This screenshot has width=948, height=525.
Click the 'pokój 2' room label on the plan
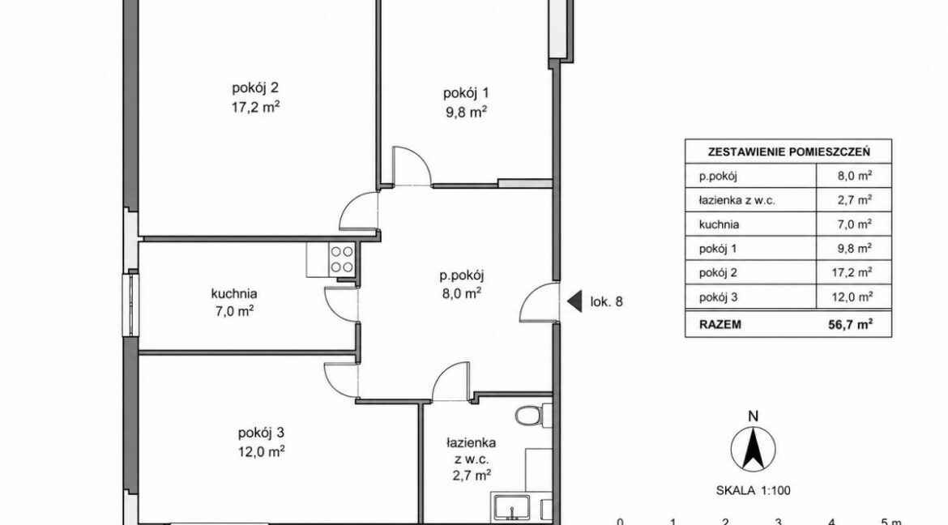[255, 87]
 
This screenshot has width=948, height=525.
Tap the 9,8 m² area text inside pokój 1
[466, 113]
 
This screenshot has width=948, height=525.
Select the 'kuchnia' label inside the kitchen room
[234, 294]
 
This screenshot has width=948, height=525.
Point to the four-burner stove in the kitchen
[342, 259]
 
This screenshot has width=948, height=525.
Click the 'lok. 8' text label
[606, 302]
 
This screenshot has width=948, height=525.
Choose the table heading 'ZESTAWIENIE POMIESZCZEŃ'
[789, 152]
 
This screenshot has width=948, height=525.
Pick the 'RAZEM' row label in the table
[720, 324]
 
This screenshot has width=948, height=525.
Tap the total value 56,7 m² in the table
[850, 323]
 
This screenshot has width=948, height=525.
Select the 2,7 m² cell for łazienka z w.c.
[854, 199]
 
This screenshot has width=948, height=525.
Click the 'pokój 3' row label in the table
[718, 297]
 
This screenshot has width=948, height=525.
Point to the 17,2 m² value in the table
[852, 272]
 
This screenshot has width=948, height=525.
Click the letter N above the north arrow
[753, 416]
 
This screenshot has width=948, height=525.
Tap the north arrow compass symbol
[753, 449]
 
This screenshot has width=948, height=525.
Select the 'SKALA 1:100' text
[753, 490]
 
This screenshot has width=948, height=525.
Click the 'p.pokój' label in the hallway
[462, 275]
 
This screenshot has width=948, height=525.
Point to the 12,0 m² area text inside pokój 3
[261, 451]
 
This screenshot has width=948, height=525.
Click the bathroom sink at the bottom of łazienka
[512, 507]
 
